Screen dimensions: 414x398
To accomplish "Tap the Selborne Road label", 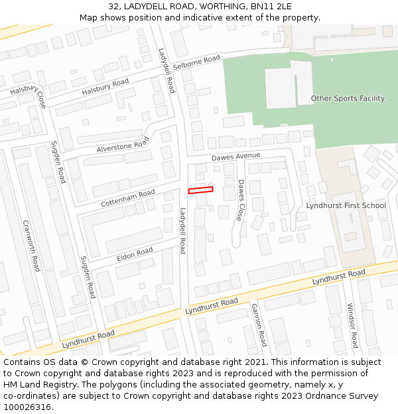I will pos(196,63).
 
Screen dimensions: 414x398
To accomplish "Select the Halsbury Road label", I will pos(105,86).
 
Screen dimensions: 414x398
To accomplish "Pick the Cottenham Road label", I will pos(128,197).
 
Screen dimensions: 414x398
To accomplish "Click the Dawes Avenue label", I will pos(235,156).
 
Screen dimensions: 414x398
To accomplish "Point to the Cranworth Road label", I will pos(31,246).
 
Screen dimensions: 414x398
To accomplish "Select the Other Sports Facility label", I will pos(348,99).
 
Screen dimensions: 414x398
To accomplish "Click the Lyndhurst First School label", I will pos(346,205).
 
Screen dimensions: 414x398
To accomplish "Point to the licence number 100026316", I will pos(27,407).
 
